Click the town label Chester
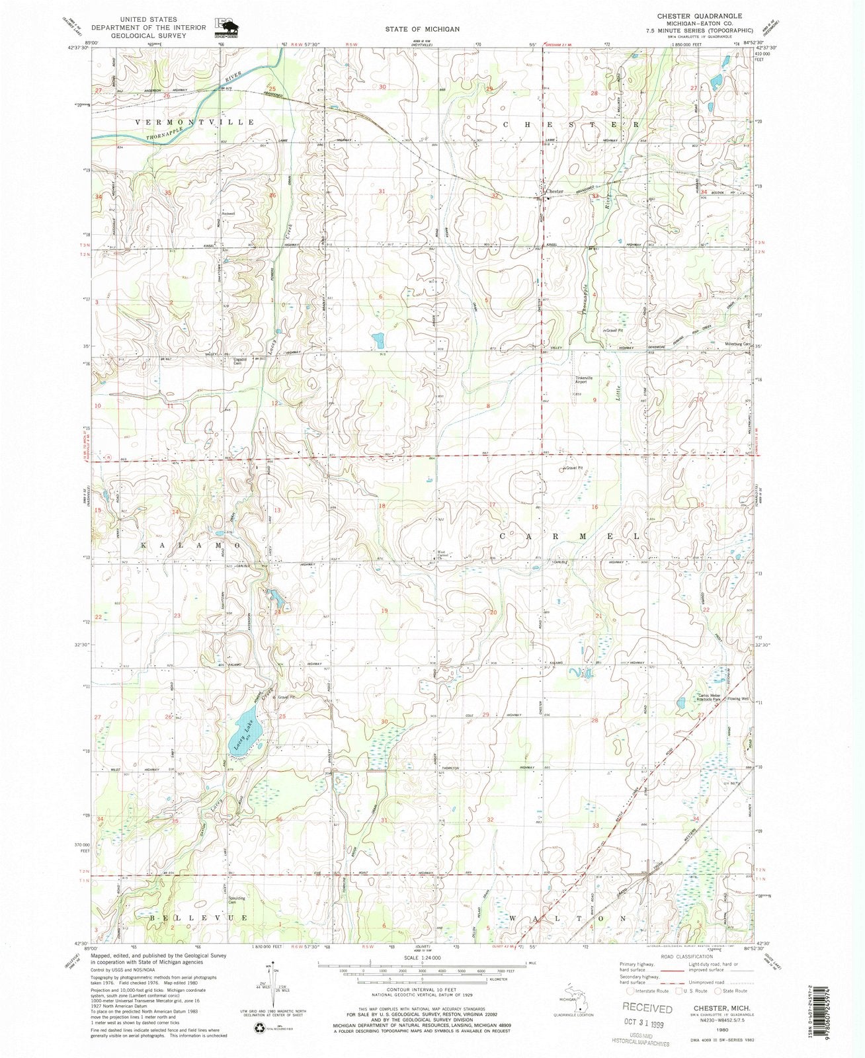(x=554, y=192)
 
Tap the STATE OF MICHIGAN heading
(x=423, y=29)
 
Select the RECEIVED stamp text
(x=647, y=1008)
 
